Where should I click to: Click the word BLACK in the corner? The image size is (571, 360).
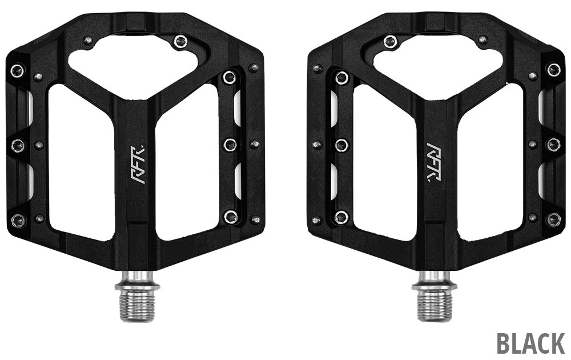pos(530,343)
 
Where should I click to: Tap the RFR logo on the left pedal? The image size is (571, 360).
pos(137,164)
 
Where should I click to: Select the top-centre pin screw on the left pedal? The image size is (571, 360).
pos(180,41)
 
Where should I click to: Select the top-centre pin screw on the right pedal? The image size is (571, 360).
pos(391,41)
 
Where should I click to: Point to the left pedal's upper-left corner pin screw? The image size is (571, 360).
pos(17,71)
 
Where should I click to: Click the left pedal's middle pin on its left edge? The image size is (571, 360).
pos(17,145)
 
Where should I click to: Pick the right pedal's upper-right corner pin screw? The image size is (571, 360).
pos(553,70)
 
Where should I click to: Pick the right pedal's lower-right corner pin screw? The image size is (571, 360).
pos(553,219)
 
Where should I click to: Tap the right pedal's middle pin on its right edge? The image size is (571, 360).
pos(553,144)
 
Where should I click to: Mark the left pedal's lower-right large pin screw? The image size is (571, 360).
pos(230,216)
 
